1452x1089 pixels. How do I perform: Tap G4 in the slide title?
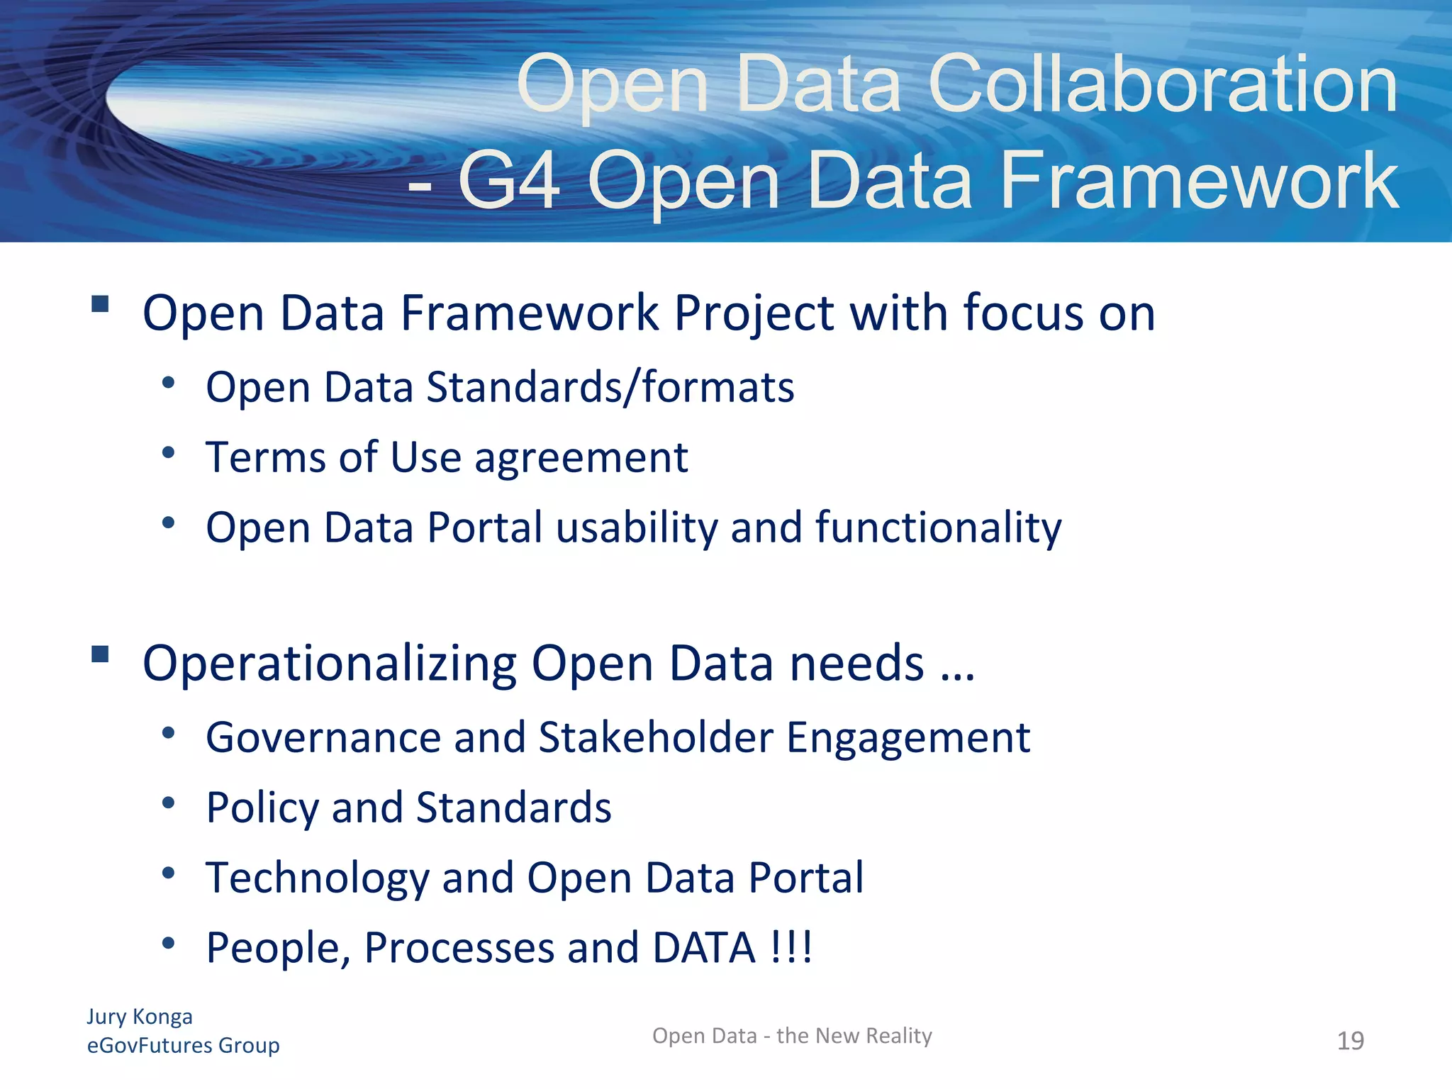click(x=510, y=181)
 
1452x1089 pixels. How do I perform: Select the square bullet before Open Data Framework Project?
click(x=100, y=304)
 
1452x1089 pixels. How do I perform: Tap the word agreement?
click(x=581, y=458)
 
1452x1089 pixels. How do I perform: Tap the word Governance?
click(x=323, y=738)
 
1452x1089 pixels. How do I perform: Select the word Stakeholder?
click(x=656, y=737)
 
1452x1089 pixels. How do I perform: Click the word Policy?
click(x=262, y=808)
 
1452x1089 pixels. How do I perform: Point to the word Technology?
click(x=318, y=878)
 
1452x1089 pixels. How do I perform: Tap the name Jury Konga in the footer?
click(x=140, y=1017)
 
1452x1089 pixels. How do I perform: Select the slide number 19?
click(x=1350, y=1041)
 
